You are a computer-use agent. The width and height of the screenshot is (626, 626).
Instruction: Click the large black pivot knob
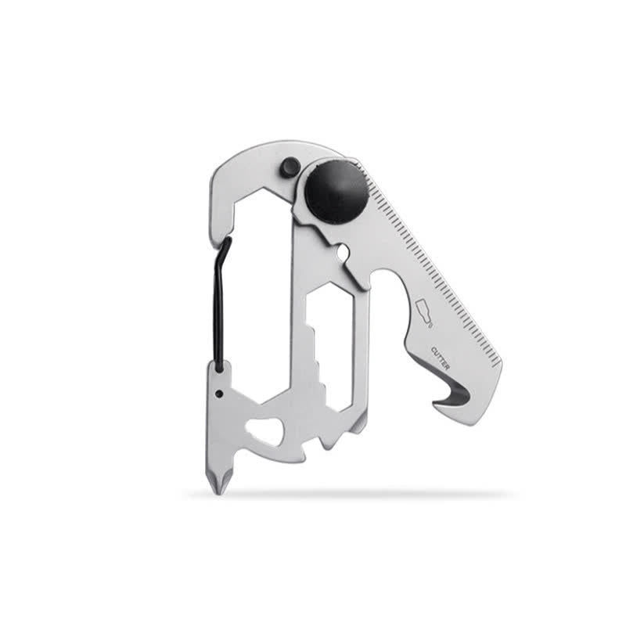pyautogui.click(x=336, y=192)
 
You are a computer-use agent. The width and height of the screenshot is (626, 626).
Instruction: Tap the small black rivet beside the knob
pyautogui.click(x=290, y=165)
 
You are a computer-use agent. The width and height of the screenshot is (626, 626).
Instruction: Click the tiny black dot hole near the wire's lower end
pyautogui.click(x=221, y=393)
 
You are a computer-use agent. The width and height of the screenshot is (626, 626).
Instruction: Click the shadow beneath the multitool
pyautogui.click(x=352, y=495)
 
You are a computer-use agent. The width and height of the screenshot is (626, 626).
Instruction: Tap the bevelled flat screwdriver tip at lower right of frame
pyautogui.click(x=359, y=423)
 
